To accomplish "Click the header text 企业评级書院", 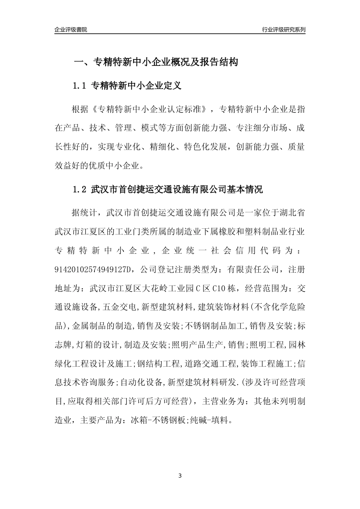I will [x=71, y=30].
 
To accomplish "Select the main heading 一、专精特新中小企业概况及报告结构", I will [x=156, y=62].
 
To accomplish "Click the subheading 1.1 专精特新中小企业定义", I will [x=127, y=86].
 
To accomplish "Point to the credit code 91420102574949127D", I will [x=95, y=270].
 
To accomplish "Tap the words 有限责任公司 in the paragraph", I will [x=252, y=270].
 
